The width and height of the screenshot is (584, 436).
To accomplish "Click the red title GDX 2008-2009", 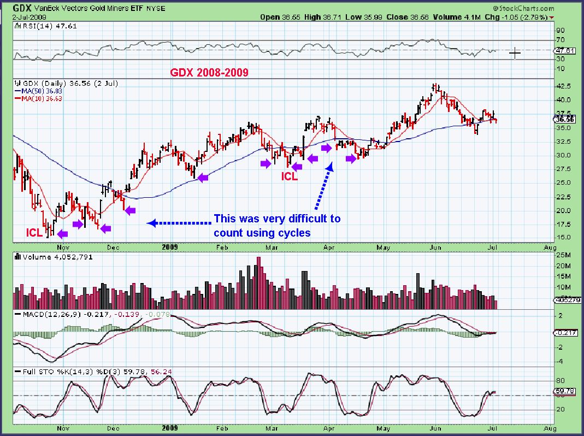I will click(210, 72).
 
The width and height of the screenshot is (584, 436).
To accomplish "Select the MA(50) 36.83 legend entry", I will click(41, 91).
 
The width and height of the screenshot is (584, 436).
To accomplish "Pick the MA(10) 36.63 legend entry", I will click(41, 98).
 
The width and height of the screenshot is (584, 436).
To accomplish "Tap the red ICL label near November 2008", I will click(34, 232).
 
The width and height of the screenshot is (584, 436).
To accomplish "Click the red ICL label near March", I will click(290, 176).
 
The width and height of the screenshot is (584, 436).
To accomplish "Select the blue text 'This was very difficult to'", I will click(276, 219).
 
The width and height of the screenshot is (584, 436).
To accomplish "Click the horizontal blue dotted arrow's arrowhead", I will click(151, 223).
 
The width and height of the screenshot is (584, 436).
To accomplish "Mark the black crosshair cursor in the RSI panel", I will click(515, 53).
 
